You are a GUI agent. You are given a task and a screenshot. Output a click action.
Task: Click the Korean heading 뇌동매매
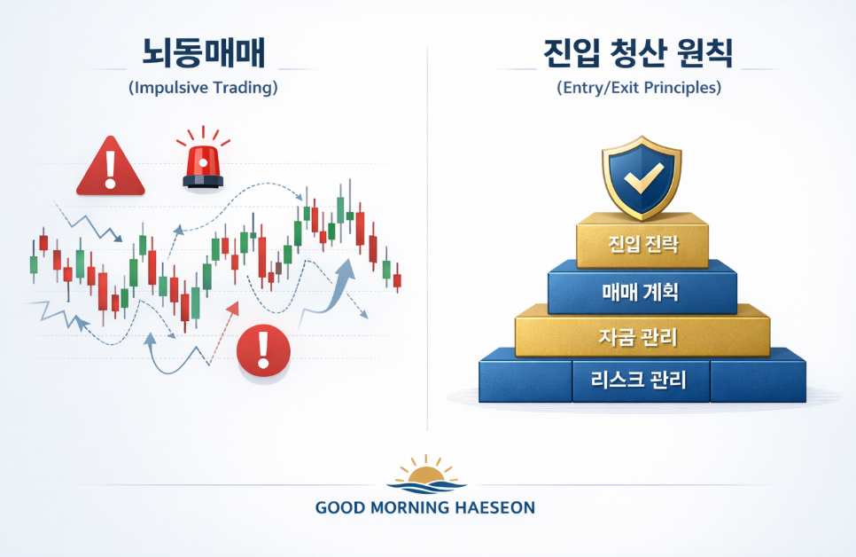coord(204,52)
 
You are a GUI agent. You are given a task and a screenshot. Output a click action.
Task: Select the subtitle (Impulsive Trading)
coord(203,88)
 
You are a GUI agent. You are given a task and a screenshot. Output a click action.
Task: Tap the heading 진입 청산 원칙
coord(638,52)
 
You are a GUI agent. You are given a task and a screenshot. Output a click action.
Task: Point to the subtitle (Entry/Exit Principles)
coord(639,88)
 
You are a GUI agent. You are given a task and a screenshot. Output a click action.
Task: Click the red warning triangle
coord(111,167)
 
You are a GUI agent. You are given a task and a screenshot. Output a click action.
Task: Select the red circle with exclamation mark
coord(264,350)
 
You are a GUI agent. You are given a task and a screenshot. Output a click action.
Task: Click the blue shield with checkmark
coord(642,178)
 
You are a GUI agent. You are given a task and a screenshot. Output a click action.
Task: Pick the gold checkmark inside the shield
coord(643,179)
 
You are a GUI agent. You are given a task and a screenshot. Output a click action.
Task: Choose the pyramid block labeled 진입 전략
coord(642,241)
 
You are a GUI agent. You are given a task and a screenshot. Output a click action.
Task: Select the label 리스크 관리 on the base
coord(638,380)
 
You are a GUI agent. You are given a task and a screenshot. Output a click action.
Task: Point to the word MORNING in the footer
coord(409,508)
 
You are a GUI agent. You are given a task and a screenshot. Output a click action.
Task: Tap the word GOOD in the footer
coord(340,508)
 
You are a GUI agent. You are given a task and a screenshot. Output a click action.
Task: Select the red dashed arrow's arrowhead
coord(233,308)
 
